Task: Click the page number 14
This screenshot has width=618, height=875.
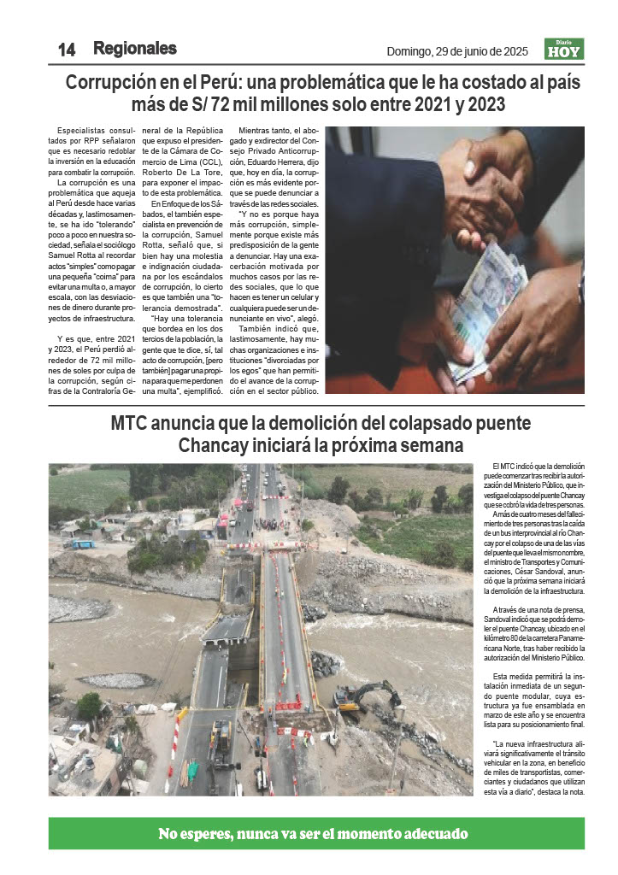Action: tap(66, 50)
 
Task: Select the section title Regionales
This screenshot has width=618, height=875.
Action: tap(135, 49)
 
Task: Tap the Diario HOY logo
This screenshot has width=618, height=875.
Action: tap(564, 50)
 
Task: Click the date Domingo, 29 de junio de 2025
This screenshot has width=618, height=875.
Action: tap(457, 51)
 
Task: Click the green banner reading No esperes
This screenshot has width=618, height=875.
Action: tap(315, 833)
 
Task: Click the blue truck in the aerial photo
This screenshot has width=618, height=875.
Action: tap(82, 544)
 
